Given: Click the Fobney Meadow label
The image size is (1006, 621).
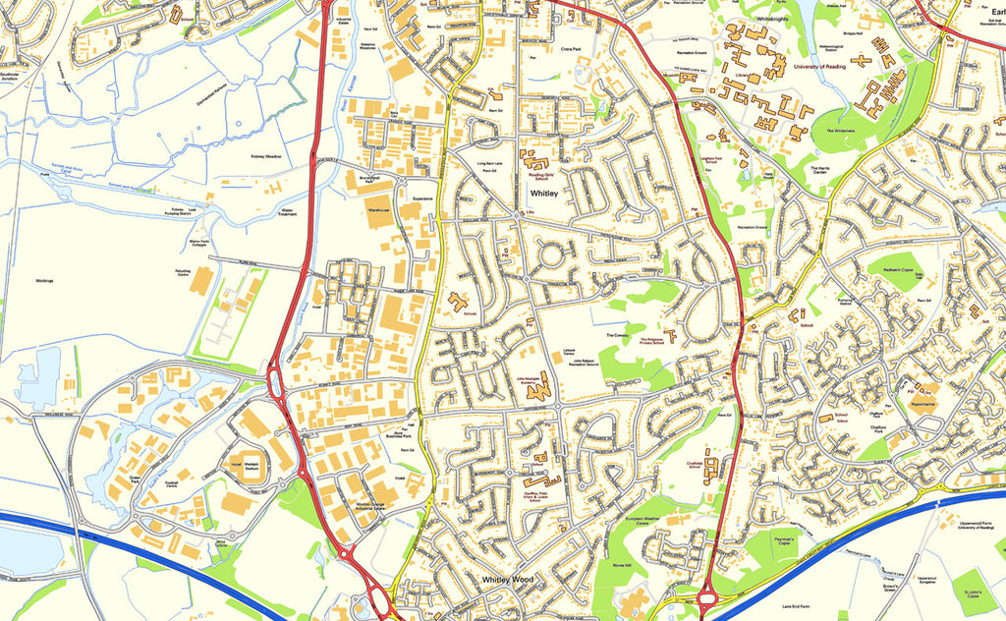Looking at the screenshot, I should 265,155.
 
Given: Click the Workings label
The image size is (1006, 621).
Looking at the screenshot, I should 42,281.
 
